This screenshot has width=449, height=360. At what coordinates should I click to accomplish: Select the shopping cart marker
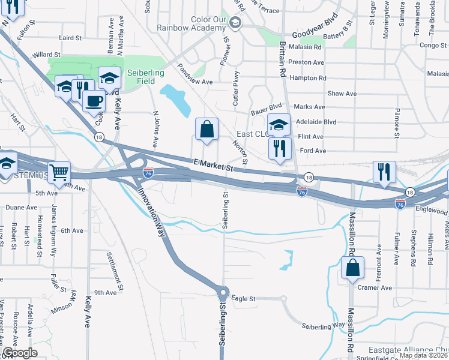59,173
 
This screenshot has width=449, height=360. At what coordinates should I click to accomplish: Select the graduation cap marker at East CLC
279,125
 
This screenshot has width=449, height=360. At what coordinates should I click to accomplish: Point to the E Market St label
213,166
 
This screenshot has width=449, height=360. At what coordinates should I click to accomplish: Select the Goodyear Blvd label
312,36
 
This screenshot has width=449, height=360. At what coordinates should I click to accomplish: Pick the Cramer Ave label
375,288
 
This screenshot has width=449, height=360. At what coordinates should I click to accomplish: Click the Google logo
20,352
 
